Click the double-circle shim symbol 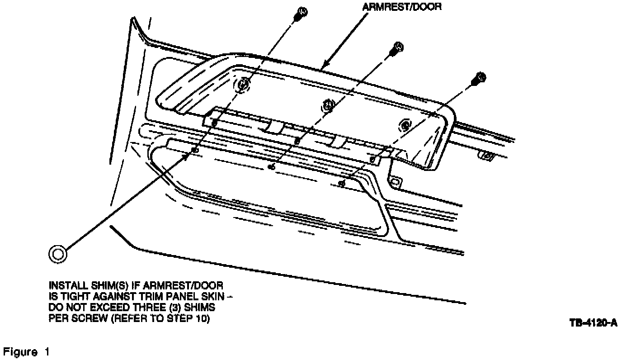pos(58,254)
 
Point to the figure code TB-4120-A pos(593,322)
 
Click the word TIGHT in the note pos(75,297)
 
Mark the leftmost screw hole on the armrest pos(244,85)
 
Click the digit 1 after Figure pos(47,351)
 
